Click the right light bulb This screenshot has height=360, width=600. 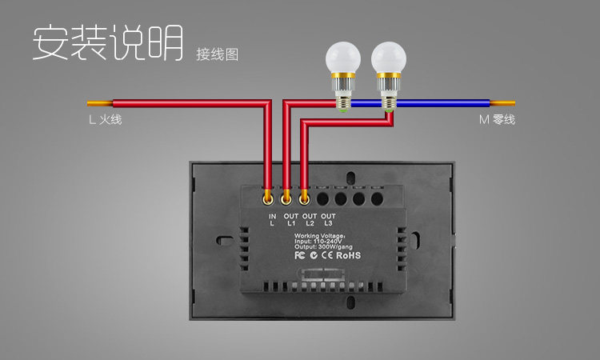[388, 64]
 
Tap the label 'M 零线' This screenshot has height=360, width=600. [497, 121]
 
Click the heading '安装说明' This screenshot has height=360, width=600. [108, 42]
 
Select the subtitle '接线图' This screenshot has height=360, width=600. [218, 54]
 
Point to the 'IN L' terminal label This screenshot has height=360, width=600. [272, 220]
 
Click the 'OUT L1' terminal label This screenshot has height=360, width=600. [291, 220]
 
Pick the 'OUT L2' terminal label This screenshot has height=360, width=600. [310, 220]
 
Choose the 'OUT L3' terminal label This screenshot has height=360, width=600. [328, 220]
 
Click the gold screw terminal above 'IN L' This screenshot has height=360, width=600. [270, 195]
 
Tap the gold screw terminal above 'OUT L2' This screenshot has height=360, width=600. [304, 195]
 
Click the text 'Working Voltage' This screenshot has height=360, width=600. [319, 237]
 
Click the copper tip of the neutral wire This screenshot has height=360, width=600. [503, 103]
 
